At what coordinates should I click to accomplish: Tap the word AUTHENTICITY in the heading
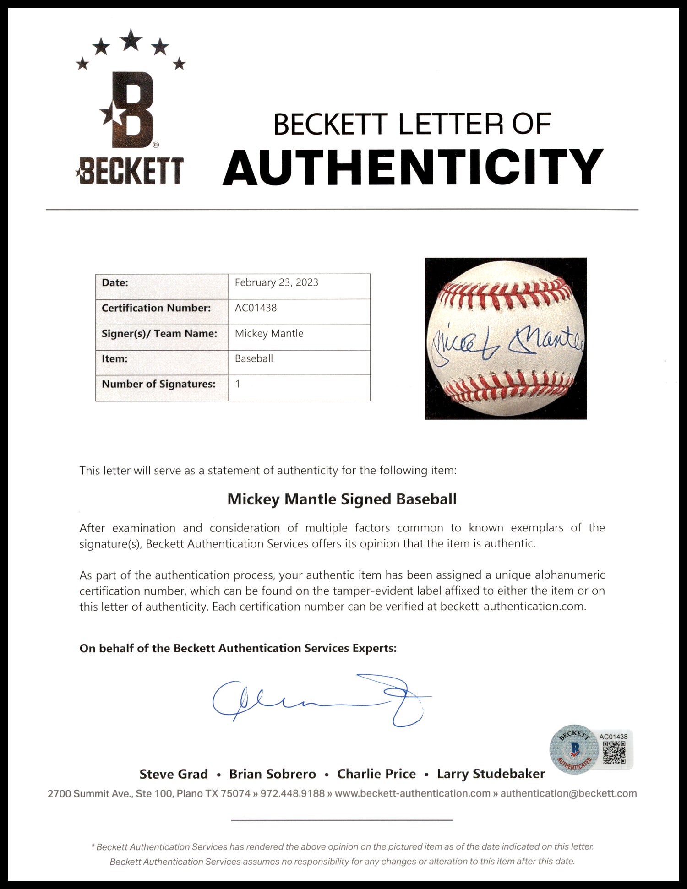click(x=413, y=168)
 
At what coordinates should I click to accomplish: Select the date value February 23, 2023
click(x=276, y=282)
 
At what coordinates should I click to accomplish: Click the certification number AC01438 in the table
click(x=256, y=308)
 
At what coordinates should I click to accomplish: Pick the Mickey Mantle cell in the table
click(x=269, y=333)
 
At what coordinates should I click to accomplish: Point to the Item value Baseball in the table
click(x=254, y=358)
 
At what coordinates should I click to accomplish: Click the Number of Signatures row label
click(x=158, y=384)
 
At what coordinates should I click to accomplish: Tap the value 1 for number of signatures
click(x=238, y=384)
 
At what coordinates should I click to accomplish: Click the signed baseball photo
click(x=506, y=338)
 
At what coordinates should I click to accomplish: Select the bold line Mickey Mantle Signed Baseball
click(x=342, y=499)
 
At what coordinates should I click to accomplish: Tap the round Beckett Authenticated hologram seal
click(x=574, y=750)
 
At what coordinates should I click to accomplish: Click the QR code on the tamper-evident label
click(x=614, y=753)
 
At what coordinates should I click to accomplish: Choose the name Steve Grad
click(x=174, y=774)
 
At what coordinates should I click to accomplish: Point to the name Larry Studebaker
click(x=491, y=774)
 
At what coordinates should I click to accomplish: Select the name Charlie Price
click(x=376, y=774)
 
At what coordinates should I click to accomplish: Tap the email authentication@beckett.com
click(x=568, y=793)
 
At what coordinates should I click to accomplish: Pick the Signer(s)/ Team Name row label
click(x=159, y=333)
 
